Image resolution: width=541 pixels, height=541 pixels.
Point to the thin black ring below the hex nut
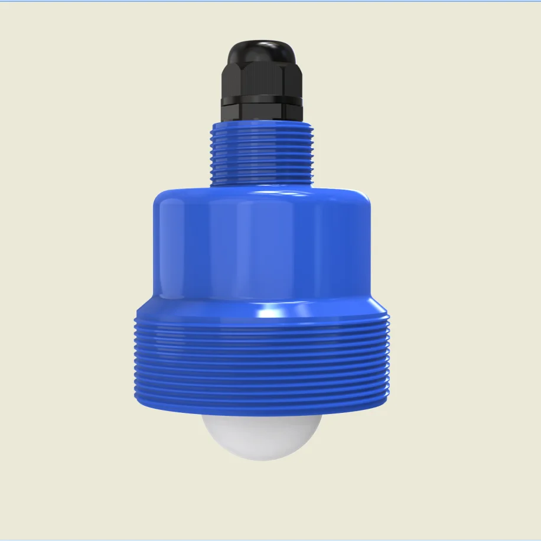[262, 102]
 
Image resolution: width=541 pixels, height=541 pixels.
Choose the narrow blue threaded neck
[262, 154]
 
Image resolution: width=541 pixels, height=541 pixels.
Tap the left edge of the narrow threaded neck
[211, 154]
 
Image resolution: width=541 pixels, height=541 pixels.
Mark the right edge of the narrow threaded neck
[312, 154]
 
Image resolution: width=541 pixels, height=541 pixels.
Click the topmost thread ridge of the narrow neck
[262, 128]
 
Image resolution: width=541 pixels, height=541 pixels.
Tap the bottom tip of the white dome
[262, 459]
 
